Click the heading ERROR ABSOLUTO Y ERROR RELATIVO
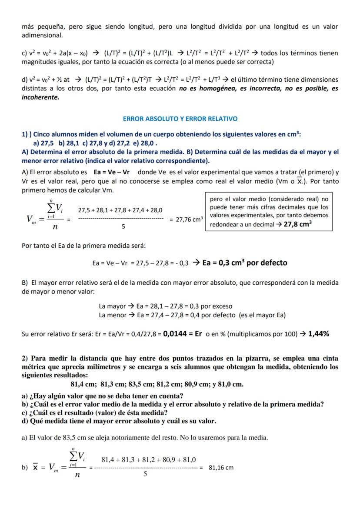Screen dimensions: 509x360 pyautogui.click(x=180, y=119)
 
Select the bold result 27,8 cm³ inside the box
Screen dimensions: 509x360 pyautogui.click(x=298, y=225)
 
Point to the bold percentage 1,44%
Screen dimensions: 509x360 pyautogui.click(x=318, y=334)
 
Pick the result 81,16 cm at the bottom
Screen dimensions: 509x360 pyautogui.click(x=221, y=468)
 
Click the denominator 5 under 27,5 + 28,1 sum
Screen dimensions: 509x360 pyautogui.click(x=123, y=226)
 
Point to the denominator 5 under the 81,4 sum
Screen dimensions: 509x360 pyautogui.click(x=145, y=474)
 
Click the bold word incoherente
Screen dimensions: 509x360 pyautogui.click(x=40, y=97)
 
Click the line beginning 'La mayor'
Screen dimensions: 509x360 pyautogui.click(x=166, y=306)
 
